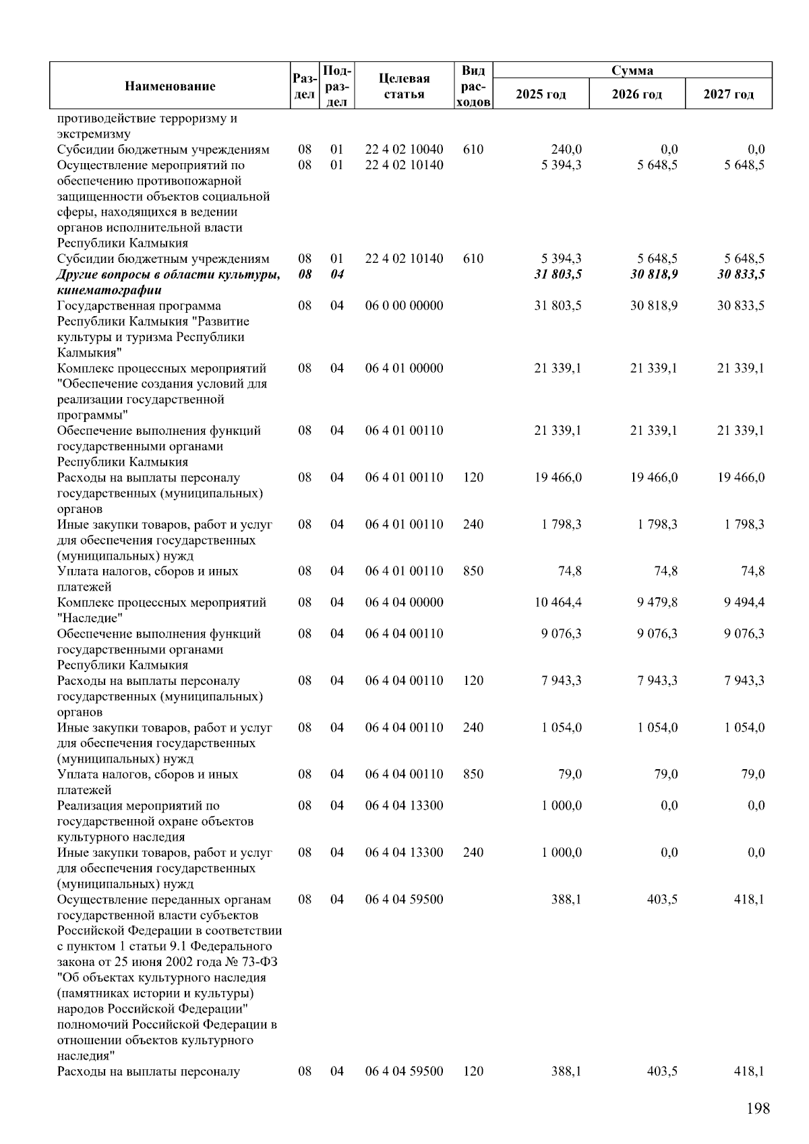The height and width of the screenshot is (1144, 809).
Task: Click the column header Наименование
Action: (170, 86)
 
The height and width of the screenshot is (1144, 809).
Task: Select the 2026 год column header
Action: (636, 94)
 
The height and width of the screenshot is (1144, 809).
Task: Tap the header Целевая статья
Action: (404, 86)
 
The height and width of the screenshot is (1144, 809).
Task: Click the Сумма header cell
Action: (632, 70)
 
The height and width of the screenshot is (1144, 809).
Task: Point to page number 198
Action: (758, 1108)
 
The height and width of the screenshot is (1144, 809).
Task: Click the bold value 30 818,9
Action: (653, 274)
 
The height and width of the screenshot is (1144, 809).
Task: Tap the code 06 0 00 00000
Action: (404, 305)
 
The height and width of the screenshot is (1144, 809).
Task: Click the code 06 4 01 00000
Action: (404, 368)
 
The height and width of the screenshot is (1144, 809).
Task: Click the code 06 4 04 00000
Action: (404, 602)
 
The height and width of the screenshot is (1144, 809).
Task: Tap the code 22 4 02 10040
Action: (404, 150)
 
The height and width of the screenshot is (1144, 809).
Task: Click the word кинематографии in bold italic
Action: (109, 291)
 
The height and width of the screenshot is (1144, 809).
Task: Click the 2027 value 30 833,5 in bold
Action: (740, 274)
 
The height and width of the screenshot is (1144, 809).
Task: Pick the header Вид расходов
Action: (473, 86)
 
